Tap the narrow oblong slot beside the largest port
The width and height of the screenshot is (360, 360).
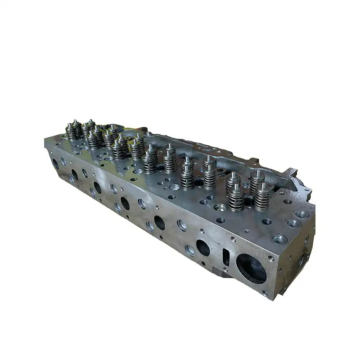[x=226, y=256]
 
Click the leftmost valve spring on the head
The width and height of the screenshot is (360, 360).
[x=74, y=130]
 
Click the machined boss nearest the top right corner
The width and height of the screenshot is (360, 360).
[x=301, y=214]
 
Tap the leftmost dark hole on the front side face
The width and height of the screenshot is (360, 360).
[x=55, y=164]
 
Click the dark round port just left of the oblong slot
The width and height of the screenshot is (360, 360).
[x=203, y=247]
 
